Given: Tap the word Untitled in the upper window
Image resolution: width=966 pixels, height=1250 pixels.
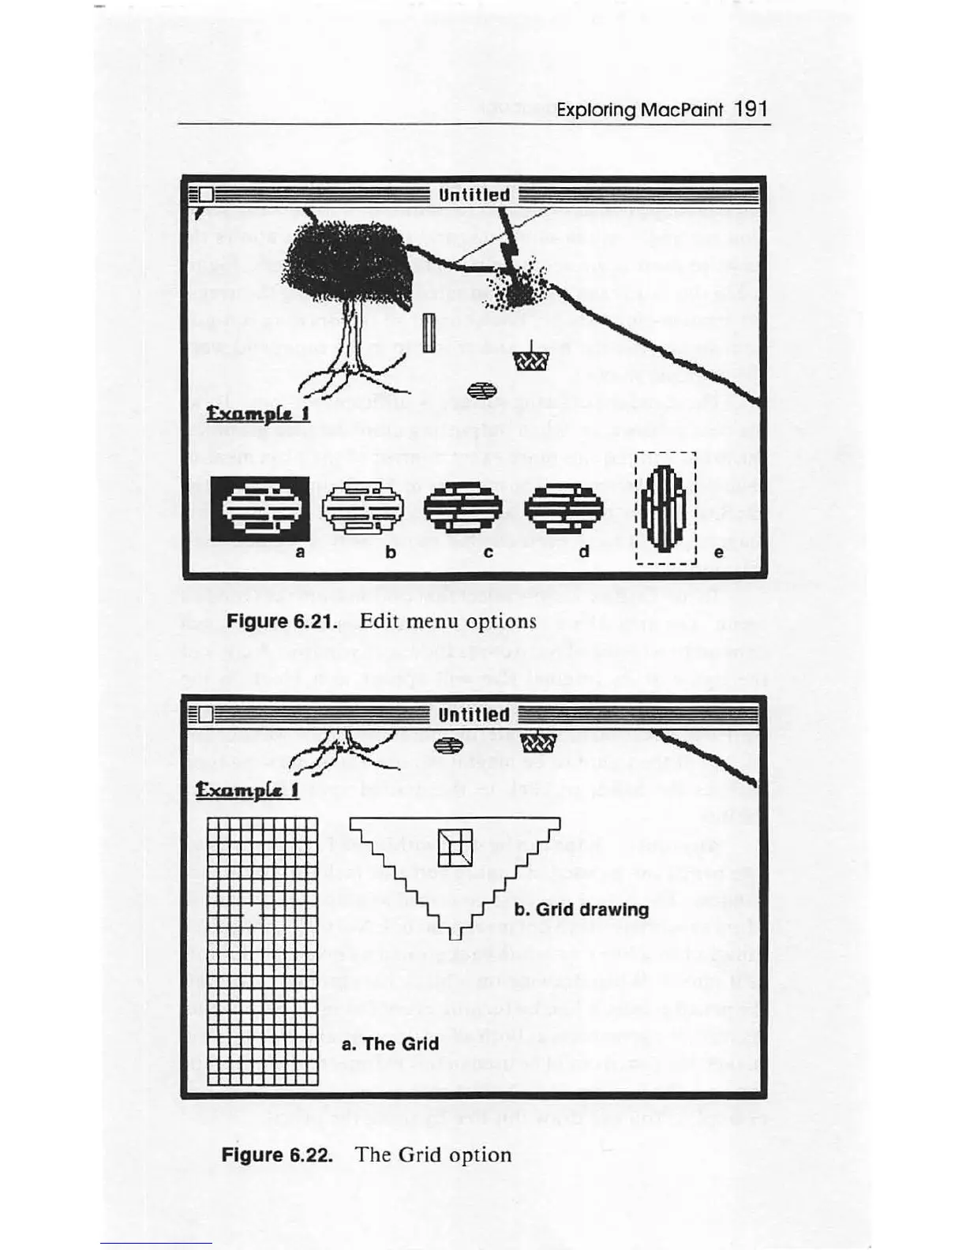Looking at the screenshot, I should point(474,195).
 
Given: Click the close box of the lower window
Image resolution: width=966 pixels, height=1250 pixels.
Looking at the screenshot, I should point(206,714).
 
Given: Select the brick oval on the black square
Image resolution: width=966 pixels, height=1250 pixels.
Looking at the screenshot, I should point(260,509).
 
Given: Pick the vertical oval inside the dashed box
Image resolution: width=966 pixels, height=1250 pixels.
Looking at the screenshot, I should point(665,508).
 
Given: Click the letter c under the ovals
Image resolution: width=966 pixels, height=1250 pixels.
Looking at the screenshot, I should point(489,552).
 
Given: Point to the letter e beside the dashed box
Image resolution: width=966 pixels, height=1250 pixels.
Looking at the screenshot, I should point(718,552).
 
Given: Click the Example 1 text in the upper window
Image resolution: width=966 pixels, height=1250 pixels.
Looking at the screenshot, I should point(257,414).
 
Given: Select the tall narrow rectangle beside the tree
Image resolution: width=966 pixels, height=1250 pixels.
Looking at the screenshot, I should point(429,332).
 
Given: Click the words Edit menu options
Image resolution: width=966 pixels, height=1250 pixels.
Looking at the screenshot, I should point(447,621).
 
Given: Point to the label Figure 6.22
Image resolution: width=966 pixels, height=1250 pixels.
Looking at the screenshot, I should point(276,1155).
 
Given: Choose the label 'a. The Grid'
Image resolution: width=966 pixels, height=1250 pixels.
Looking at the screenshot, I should point(390,1044).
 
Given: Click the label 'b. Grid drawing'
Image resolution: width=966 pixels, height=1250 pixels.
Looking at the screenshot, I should point(582,909).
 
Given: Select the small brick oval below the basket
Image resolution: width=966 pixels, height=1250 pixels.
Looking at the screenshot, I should point(481,390).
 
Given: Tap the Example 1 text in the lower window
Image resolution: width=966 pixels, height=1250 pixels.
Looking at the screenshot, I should point(247,790).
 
